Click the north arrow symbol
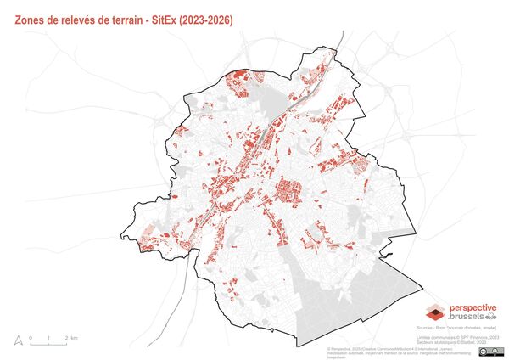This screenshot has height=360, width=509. [16, 340]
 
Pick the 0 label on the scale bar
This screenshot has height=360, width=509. [31, 338]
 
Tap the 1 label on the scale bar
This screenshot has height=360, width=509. [48, 338]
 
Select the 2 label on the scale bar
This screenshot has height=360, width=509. [67, 338]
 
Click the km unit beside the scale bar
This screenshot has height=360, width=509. [75, 338]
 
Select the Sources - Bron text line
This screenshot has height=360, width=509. [456, 327]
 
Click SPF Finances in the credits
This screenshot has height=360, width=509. [478, 337]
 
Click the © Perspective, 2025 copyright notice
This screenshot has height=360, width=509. [350, 348]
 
